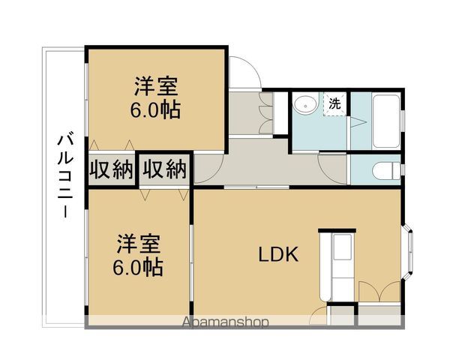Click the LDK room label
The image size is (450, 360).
pyautogui.click(x=278, y=254)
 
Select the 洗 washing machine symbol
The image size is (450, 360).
pyautogui.click(x=334, y=103)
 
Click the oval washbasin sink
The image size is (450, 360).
pyautogui.click(x=305, y=106)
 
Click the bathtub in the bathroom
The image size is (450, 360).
pyautogui.click(x=386, y=120)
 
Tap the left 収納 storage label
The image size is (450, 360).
pyautogui.click(x=111, y=169)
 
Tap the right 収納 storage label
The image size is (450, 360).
pyautogui.click(x=165, y=169)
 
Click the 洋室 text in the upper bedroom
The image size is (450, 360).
pyautogui.click(x=156, y=86)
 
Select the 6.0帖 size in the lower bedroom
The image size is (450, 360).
pyautogui.click(x=138, y=267)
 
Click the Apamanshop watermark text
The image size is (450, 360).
pyautogui.click(x=226, y=322)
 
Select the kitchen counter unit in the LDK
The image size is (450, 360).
pyautogui.click(x=337, y=265)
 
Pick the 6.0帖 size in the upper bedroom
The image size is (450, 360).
pyautogui.click(x=155, y=109)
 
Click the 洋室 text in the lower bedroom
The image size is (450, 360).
pyautogui.click(x=138, y=244)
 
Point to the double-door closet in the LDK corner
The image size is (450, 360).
pyautogui.click(x=379, y=291)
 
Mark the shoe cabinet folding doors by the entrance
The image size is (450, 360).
pyautogui.click(x=266, y=112)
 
